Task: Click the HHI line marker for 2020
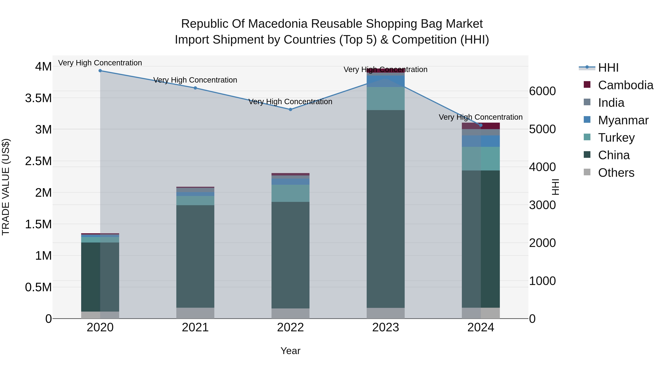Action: [x=100, y=71]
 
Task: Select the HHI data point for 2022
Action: [x=290, y=110]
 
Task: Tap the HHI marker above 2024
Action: [x=481, y=125]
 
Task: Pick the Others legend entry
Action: [x=616, y=173]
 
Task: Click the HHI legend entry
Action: [x=608, y=68]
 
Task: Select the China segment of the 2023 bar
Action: [x=386, y=209]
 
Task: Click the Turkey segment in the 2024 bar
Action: [x=481, y=159]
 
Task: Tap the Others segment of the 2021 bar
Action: [x=195, y=313]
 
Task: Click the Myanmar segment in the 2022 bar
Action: [x=290, y=182]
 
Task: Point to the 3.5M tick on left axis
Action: [x=38, y=98]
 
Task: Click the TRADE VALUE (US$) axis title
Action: [x=6, y=187]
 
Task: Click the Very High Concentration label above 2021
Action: [x=195, y=80]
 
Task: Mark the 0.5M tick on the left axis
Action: [x=38, y=287]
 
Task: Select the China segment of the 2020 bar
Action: [x=100, y=277]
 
